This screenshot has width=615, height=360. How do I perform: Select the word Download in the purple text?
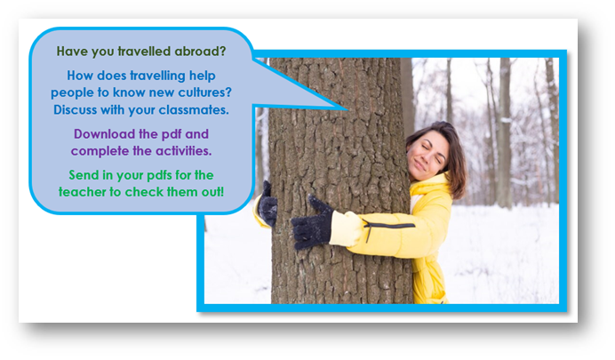[x=104, y=134]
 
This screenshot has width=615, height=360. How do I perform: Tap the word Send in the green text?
[x=84, y=175]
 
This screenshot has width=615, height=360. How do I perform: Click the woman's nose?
[x=425, y=156]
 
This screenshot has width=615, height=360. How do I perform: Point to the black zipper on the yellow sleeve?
[x=388, y=228]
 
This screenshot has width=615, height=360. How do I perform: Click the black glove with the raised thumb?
[x=313, y=223]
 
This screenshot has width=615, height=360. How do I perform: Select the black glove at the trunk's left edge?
[x=268, y=204]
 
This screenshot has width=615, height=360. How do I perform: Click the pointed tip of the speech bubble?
[x=347, y=109]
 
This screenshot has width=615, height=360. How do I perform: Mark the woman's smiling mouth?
[x=419, y=166]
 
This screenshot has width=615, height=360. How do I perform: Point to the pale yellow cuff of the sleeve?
[x=345, y=228]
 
